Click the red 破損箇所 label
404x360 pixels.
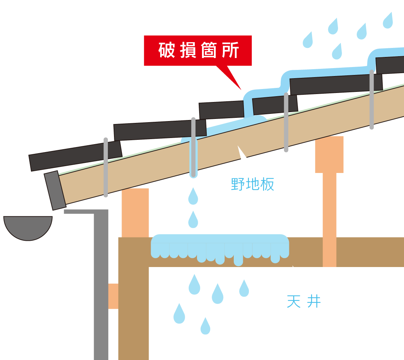coord(198,50)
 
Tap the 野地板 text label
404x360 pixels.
coord(253,184)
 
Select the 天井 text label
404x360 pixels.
coord(304,301)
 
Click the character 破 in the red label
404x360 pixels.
coord(166,51)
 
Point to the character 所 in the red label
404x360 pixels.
coord(230,51)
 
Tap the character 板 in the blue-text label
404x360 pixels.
coord(267,184)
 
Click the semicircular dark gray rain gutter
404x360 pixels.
coord(28,227)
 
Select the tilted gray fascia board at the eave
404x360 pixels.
coord(55,190)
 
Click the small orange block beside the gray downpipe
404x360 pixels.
coord(113,296)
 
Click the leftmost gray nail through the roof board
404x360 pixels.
coord(106,167)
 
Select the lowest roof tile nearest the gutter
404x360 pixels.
coord(75,155)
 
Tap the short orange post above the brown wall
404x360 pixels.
coord(135,213)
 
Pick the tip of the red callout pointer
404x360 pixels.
coord(241,89)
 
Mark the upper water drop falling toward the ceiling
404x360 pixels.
coord(193,196)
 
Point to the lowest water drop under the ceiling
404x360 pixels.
coord(205,326)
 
